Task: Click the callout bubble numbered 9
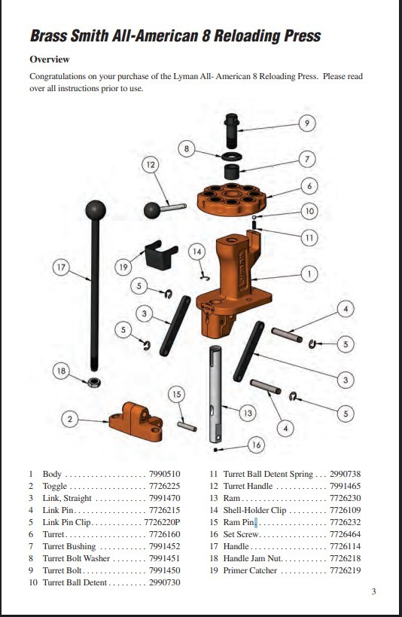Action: (306, 123)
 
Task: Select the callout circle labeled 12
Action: (151, 164)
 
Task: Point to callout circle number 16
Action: (256, 445)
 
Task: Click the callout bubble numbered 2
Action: (70, 418)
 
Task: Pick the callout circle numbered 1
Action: (307, 273)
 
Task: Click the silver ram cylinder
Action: (218, 396)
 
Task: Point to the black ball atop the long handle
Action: (96, 209)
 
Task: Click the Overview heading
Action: (50, 60)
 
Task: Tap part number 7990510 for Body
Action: (165, 475)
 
